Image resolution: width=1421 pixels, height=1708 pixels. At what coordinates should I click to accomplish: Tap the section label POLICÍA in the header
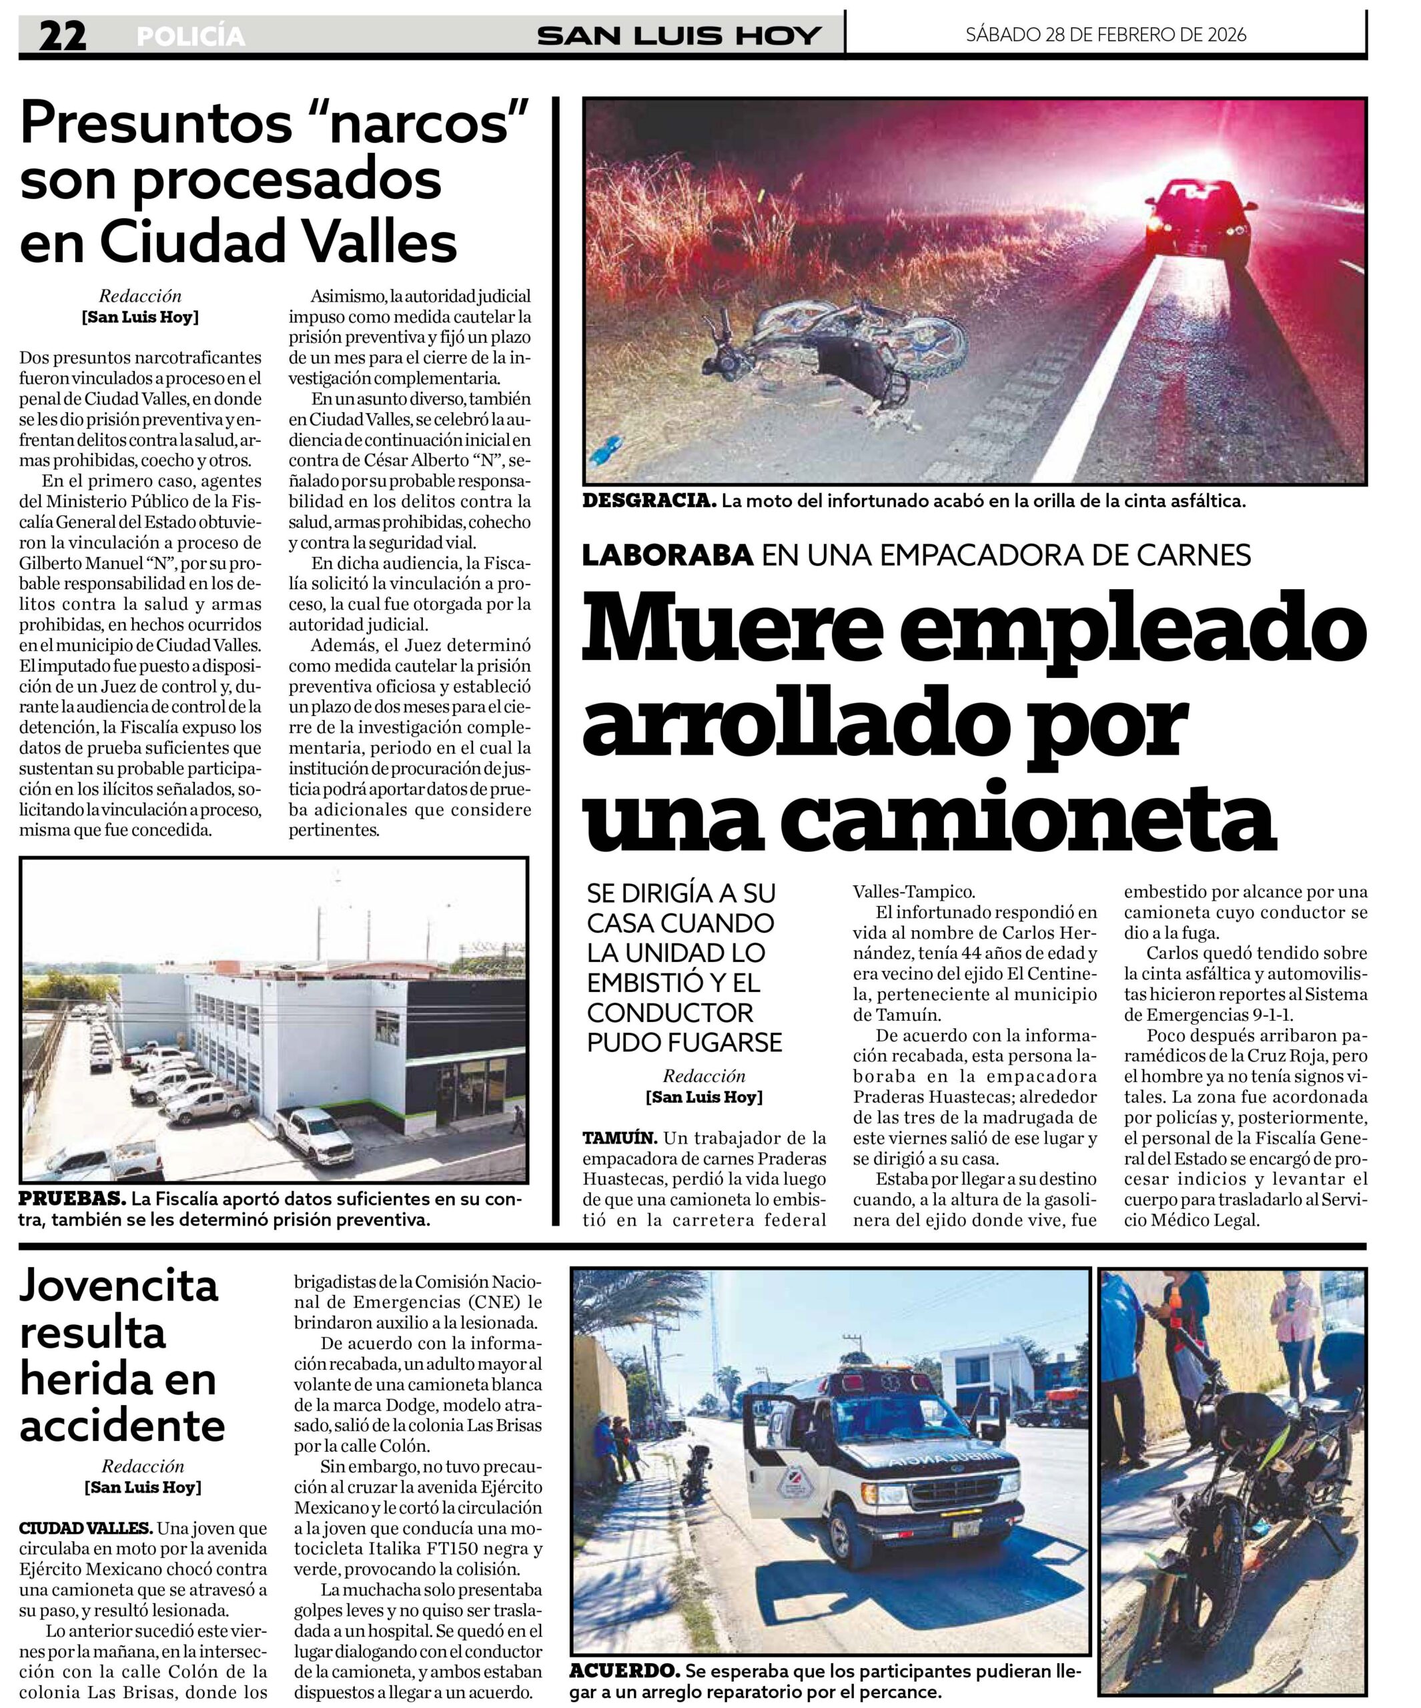pos(190,37)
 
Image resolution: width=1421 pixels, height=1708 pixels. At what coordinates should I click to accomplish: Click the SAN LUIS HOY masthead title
pos(678,36)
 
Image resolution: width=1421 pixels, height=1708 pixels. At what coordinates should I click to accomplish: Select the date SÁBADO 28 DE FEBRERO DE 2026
pos(1105,34)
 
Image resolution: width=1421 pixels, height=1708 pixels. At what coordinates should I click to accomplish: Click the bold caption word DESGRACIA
pos(649,501)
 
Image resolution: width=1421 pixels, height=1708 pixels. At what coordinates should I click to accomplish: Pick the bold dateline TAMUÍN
pos(619,1138)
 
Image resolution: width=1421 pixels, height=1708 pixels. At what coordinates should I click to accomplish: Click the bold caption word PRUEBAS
pos(71,1199)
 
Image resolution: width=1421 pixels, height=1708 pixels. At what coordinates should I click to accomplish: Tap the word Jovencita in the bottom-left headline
pos(119,1286)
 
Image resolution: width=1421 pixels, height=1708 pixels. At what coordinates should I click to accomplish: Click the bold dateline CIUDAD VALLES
pos(85,1529)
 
